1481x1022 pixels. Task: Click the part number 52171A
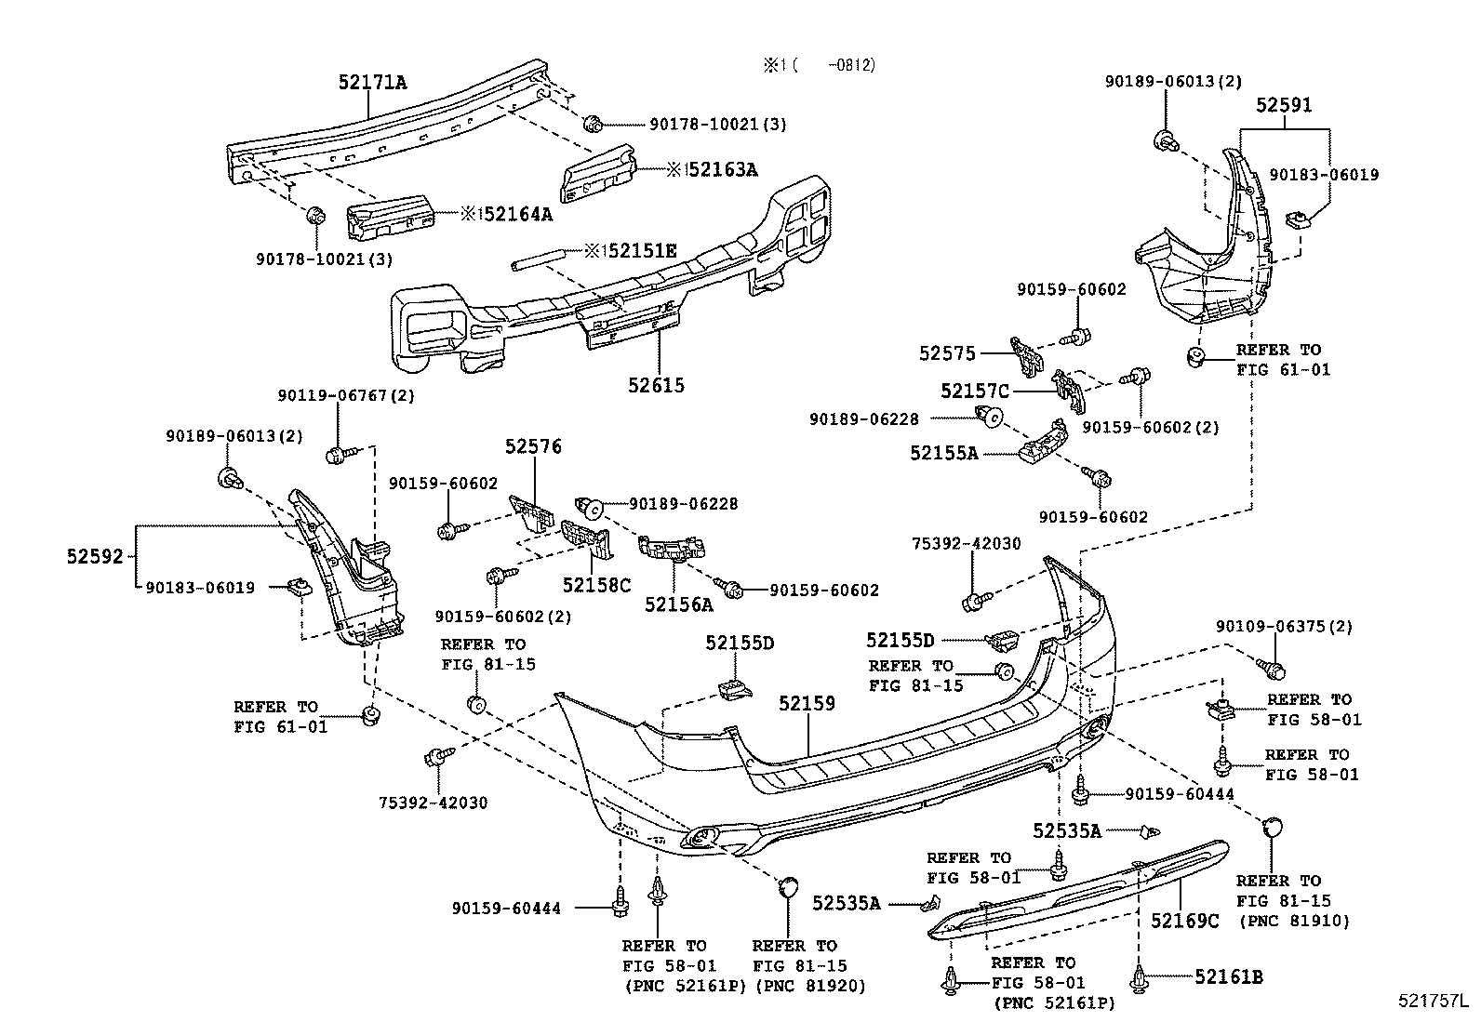[371, 82]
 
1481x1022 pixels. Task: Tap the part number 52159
[807, 704]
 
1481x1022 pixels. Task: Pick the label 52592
[95, 556]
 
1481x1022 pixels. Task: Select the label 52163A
[721, 169]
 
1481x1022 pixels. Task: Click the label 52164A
[516, 214]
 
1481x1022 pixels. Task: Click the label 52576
[533, 446]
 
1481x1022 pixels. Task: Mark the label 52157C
[974, 392]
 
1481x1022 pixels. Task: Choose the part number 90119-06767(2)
[345, 395]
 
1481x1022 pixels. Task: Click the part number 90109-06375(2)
[1284, 626]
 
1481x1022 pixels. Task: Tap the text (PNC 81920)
[809, 986]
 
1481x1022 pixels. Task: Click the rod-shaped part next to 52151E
[539, 259]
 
